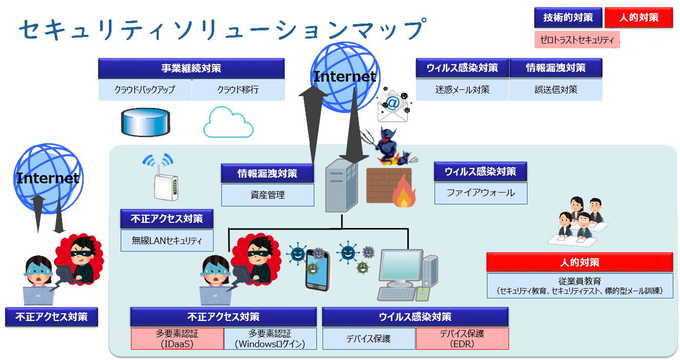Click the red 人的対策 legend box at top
(639, 17)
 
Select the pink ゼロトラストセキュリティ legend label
(577, 40)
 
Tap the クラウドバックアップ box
(145, 89)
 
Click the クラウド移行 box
(238, 89)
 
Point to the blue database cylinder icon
(145, 122)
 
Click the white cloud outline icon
(228, 122)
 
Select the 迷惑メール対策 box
(462, 89)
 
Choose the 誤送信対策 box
(556, 89)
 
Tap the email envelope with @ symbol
(393, 106)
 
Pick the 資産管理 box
(268, 195)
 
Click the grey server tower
(342, 185)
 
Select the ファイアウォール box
(481, 193)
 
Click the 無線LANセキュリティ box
(167, 241)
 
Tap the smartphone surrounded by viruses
(317, 270)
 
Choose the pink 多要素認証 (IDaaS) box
(177, 339)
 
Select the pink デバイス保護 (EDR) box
(462, 339)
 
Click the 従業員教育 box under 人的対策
(580, 286)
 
